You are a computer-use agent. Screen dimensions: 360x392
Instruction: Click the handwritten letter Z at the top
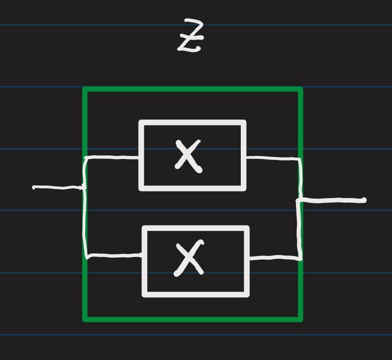pyautogui.click(x=191, y=36)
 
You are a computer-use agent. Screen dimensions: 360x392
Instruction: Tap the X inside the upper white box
pyautogui.click(x=188, y=155)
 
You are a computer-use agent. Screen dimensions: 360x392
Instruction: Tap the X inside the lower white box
pyautogui.click(x=190, y=259)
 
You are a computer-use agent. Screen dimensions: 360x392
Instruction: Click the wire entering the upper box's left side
pyautogui.click(x=113, y=157)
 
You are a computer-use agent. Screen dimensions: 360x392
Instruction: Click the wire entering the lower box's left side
pyautogui.click(x=114, y=256)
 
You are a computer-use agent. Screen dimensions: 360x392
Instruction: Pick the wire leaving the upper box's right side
pyautogui.click(x=273, y=158)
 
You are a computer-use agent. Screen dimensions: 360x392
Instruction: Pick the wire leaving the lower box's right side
pyautogui.click(x=275, y=258)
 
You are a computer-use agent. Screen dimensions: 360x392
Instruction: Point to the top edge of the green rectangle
pyautogui.click(x=193, y=90)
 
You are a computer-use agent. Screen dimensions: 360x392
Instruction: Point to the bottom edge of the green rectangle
pyautogui.click(x=193, y=318)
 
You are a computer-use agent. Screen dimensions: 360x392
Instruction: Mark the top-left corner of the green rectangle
pyautogui.click(x=85, y=90)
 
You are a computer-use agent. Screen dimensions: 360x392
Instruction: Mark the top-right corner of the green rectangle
pyautogui.click(x=300, y=90)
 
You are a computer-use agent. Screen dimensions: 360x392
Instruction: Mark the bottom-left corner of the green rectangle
pyautogui.click(x=85, y=318)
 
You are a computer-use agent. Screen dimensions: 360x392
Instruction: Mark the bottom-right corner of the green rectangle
pyautogui.click(x=300, y=318)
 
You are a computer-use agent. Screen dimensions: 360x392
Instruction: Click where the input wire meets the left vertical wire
pyautogui.click(x=85, y=188)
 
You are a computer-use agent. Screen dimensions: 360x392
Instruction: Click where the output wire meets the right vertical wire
pyautogui.click(x=300, y=201)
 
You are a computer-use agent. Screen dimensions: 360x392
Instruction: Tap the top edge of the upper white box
pyautogui.click(x=193, y=122)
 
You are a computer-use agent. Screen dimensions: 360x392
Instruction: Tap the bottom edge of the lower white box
pyautogui.click(x=196, y=294)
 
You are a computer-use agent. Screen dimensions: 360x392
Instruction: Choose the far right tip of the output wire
pyautogui.click(x=364, y=200)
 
